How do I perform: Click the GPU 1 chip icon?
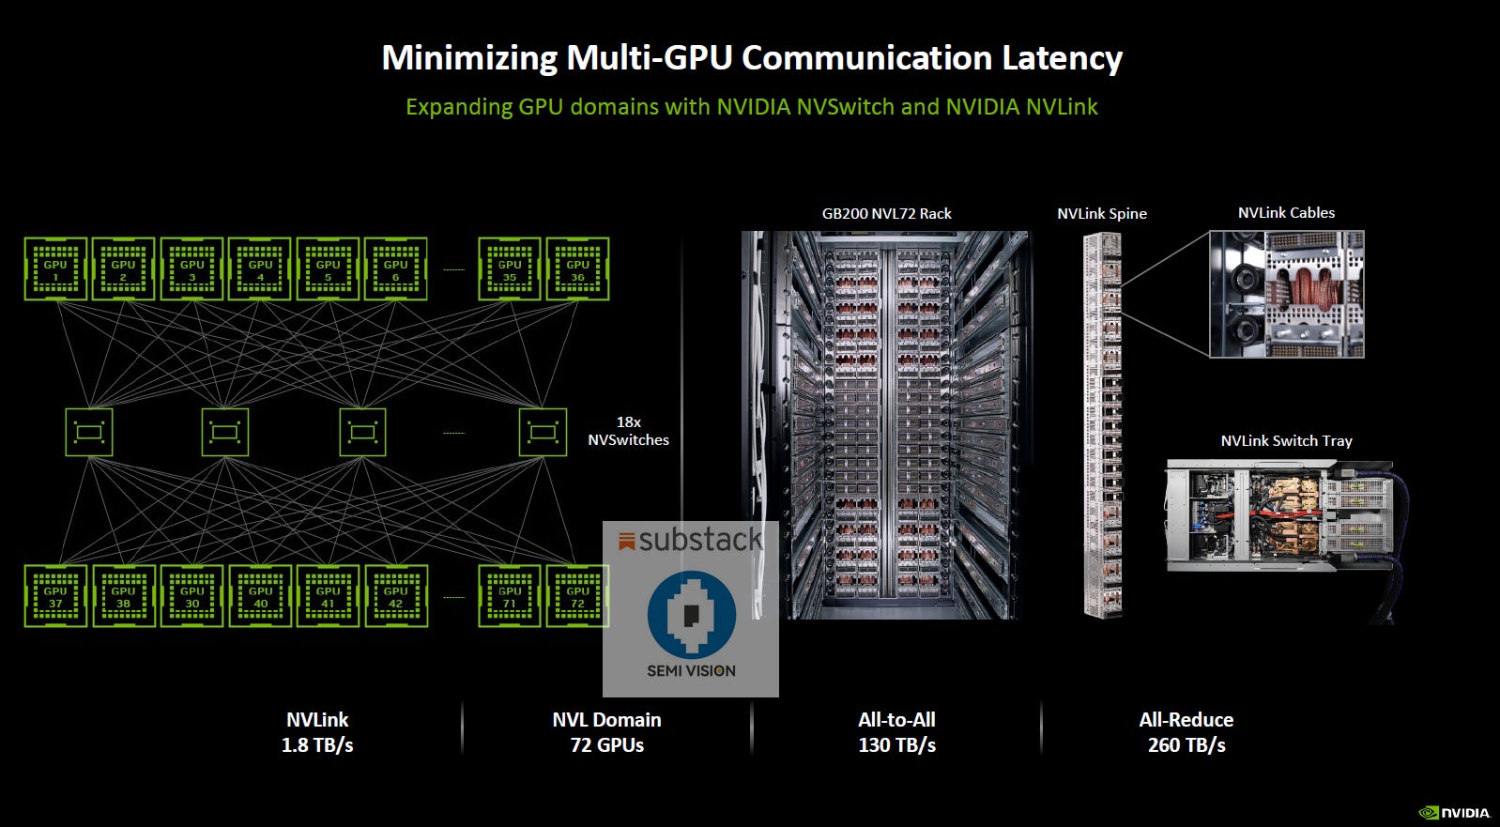[55, 268]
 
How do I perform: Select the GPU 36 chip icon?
[577, 268]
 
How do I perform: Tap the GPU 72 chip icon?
[577, 595]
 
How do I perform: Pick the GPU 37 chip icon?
[55, 595]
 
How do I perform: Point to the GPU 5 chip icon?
[328, 268]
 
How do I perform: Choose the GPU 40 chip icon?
[260, 595]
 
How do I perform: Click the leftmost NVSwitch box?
[89, 432]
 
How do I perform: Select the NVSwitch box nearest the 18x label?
[543, 432]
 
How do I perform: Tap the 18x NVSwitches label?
[628, 431]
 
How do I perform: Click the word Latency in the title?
[1062, 58]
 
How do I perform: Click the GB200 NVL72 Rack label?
[886, 213]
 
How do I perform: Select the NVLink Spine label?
[1101, 213]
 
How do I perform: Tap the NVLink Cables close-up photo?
[1286, 294]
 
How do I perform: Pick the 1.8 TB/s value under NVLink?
[317, 745]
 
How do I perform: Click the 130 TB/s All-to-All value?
[896, 745]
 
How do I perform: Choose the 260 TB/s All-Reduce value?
[1186, 745]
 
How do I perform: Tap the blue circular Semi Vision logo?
[691, 614]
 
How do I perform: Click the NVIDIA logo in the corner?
[1454, 813]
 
